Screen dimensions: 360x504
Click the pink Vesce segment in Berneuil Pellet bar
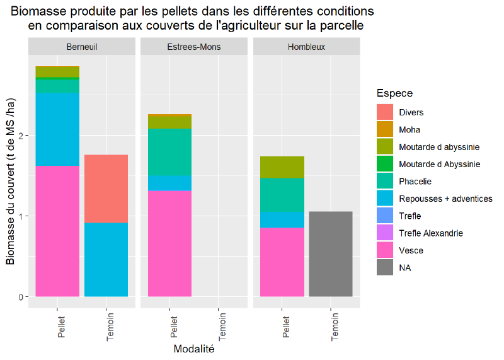coord(57,231)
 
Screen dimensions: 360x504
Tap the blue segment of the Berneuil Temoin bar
coord(106,259)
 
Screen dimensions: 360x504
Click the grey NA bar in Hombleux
coord(330,253)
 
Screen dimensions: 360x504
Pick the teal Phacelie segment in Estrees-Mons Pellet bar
coord(169,152)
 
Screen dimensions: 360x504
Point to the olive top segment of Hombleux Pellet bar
coord(282,167)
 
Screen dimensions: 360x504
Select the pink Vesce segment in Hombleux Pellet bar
coord(282,262)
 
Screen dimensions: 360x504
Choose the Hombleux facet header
coord(306,47)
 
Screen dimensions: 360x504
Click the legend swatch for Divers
coord(385,112)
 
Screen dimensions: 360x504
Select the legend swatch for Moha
coord(385,129)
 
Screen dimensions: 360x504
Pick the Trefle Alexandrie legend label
coord(430,233)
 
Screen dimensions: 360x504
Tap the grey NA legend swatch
coord(385,268)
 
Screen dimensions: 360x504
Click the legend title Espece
coord(394,93)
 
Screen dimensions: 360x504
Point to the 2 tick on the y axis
coord(21,136)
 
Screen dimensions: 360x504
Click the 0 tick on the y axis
coord(21,296)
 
